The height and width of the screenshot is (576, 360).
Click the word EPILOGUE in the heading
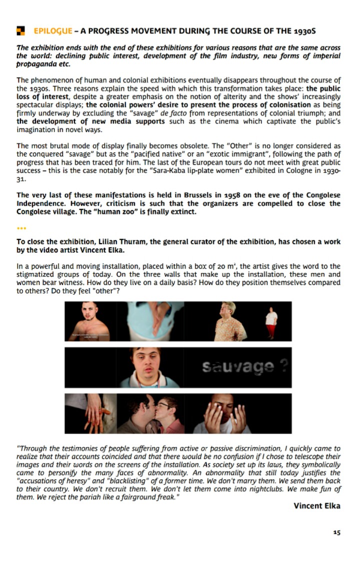pos(52,31)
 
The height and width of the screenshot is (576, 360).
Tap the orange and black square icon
pos(20,31)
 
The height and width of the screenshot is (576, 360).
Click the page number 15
pos(336,532)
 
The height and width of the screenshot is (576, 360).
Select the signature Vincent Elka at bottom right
pos(316,505)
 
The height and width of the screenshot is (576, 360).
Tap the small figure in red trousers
pos(271,322)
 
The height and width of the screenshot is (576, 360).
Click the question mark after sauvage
pos(283,367)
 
